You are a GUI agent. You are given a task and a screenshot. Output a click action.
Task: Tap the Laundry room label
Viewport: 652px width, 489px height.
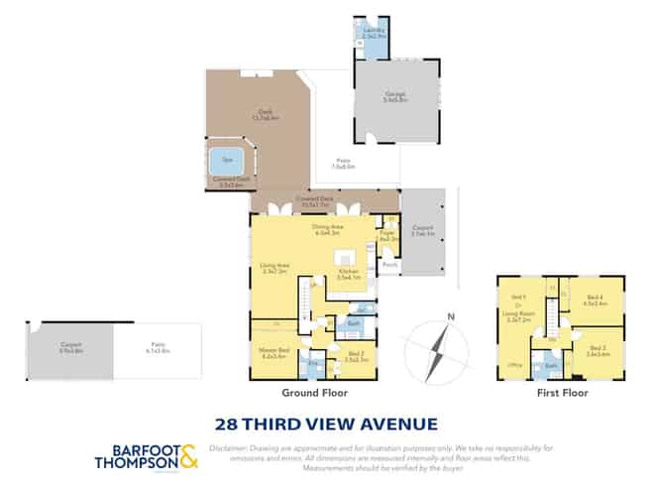point(374,32)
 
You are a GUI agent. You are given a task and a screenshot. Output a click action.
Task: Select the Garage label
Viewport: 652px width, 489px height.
point(395,96)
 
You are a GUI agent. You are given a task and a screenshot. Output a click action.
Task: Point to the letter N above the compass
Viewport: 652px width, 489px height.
point(450,317)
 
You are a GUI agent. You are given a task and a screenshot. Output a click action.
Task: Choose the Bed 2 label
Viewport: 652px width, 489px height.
point(357,355)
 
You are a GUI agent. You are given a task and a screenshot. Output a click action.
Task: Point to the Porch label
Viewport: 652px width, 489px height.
point(389,266)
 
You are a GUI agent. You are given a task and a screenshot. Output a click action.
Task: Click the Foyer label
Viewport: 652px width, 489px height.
point(387,234)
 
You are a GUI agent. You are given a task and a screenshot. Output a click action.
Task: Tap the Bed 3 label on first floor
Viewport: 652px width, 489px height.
point(597,348)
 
